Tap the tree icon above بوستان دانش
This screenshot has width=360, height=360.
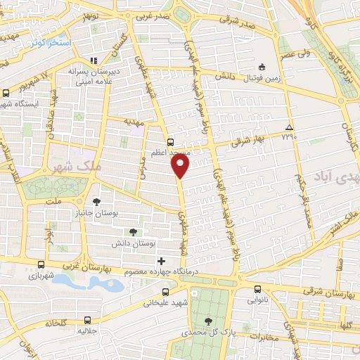133,231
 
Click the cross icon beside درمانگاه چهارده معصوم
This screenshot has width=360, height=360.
162,261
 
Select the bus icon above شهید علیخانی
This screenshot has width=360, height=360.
165,292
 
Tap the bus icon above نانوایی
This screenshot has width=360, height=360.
257,288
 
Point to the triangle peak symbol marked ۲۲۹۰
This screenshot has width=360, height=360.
288,127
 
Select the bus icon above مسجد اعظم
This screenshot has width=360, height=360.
169,141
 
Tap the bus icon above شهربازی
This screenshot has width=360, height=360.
41,265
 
